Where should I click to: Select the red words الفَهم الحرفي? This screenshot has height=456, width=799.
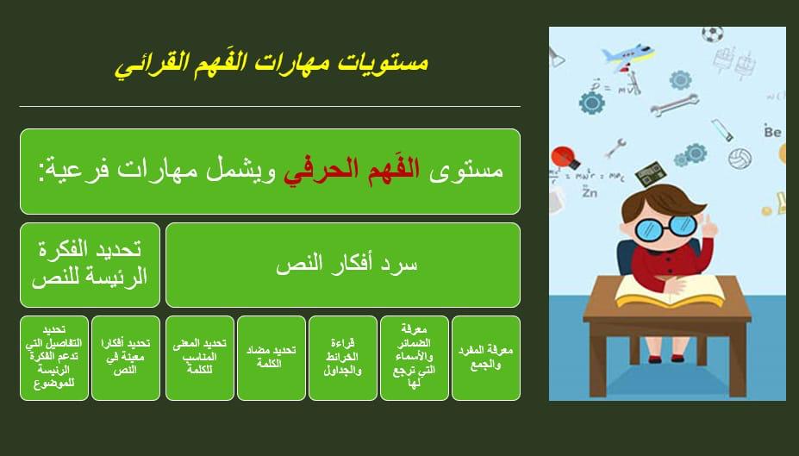352,171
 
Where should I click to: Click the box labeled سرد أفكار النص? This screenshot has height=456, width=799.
343,265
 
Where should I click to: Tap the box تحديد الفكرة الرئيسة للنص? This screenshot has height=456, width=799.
90,265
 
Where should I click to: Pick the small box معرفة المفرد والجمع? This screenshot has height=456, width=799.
485,358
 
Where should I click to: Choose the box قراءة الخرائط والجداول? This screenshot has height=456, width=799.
343,358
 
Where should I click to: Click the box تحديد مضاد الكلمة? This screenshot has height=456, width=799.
272,358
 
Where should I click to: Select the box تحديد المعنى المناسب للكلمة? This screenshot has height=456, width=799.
200,358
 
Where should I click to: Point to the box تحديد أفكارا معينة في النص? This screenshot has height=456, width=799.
125,358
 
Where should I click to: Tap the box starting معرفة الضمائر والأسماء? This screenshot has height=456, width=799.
415,358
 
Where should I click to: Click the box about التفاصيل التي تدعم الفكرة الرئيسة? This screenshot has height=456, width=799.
54,358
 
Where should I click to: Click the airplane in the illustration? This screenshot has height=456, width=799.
627,55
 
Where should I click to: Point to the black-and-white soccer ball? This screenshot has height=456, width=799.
712,34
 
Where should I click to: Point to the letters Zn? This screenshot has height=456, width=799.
589,192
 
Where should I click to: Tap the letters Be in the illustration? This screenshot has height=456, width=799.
772,131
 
